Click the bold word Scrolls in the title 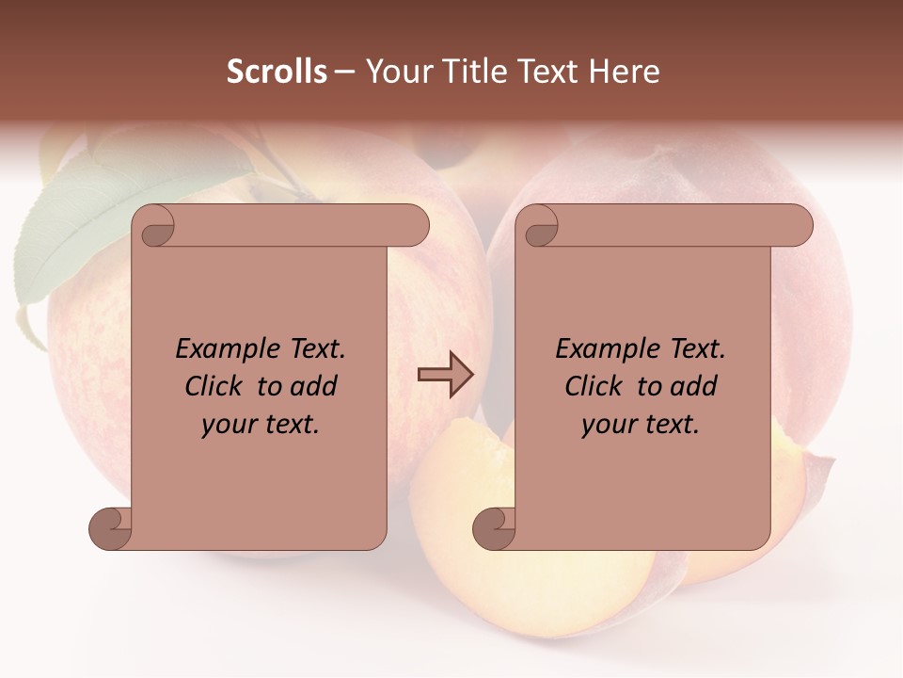277,72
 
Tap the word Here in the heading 624,72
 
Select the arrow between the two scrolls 445,375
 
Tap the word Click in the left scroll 217,386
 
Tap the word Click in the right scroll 597,386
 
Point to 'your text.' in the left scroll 261,425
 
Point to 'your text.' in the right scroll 641,425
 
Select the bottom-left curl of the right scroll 495,528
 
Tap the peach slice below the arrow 442,508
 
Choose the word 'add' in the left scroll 314,386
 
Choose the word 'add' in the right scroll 694,386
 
